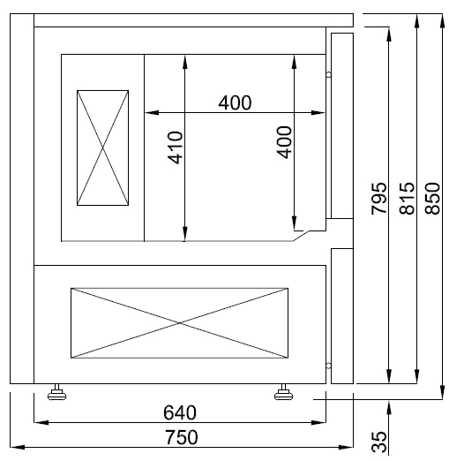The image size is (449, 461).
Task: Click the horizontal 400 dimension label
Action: pyautogui.click(x=235, y=102)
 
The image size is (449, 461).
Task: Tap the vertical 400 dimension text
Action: pyautogui.click(x=284, y=141)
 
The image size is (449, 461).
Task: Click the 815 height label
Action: pyautogui.click(x=407, y=200)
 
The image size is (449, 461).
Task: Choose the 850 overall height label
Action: pyautogui.click(x=432, y=200)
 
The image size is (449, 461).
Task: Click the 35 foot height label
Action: pyautogui.click(x=379, y=442)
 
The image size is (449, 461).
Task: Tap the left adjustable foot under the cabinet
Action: pyautogui.click(x=59, y=392)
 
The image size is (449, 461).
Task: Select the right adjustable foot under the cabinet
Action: pyautogui.click(x=285, y=392)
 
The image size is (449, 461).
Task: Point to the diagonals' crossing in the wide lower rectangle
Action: pyautogui.click(x=180, y=323)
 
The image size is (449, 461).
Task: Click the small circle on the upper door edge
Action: pyautogui.click(x=328, y=75)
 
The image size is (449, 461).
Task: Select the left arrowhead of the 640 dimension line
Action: pyautogui.click(x=38, y=422)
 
